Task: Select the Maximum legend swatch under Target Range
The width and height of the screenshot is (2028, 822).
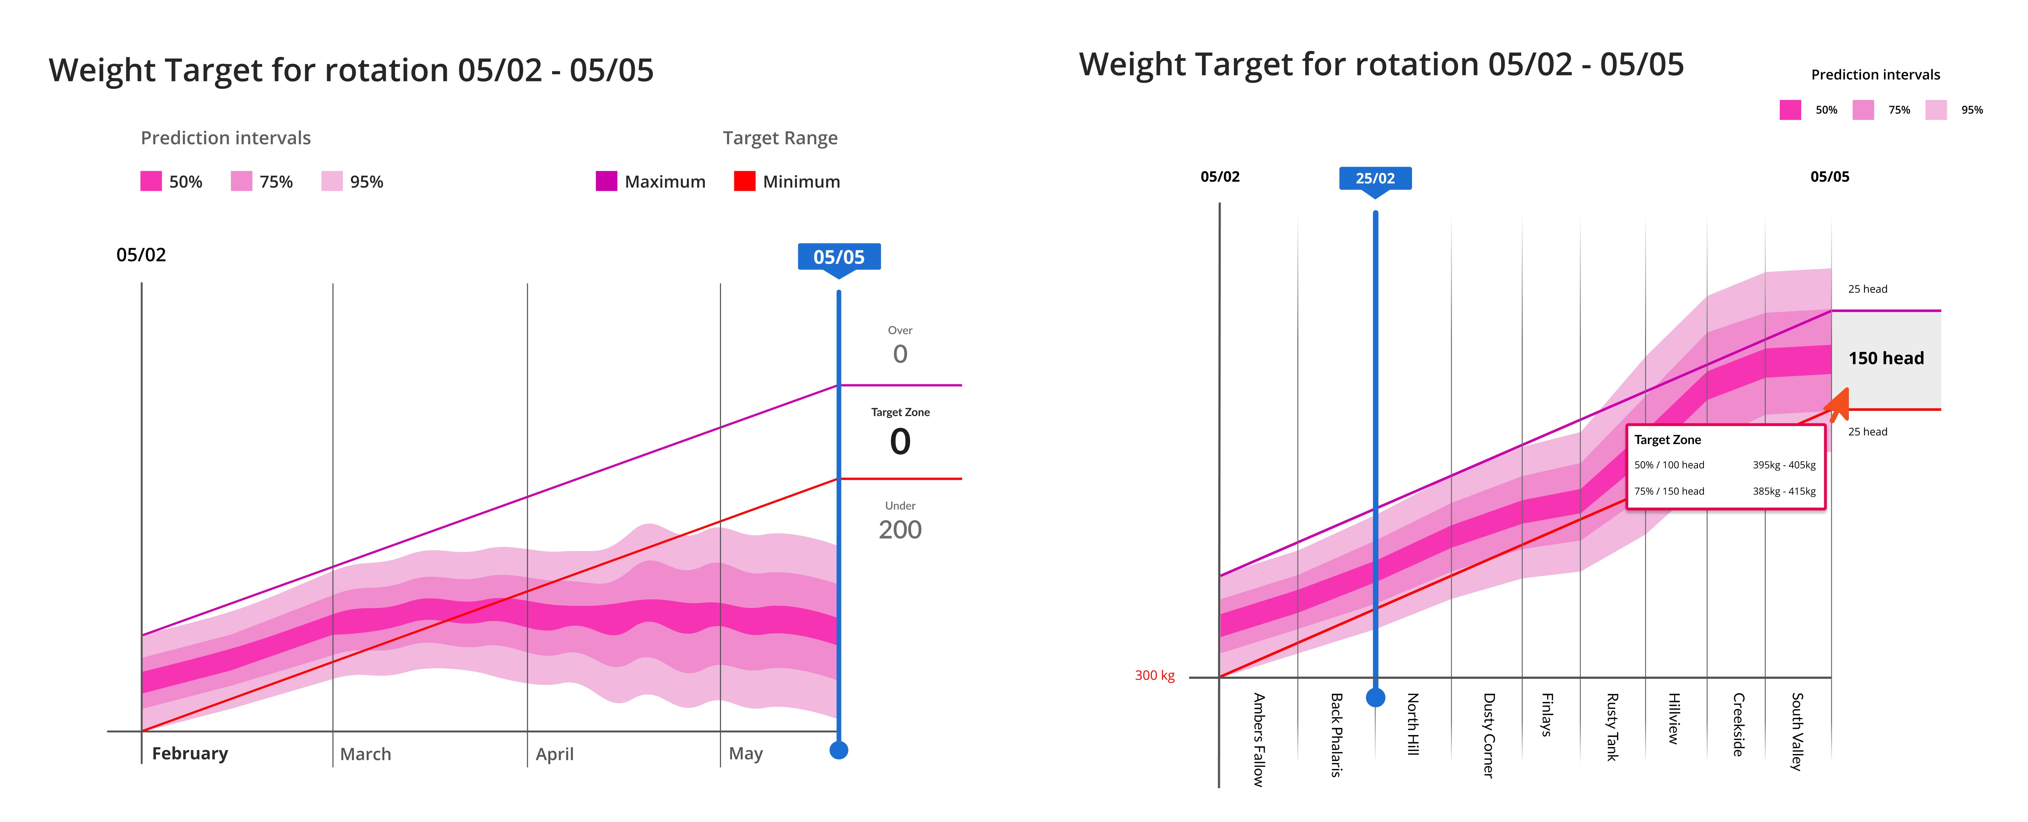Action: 606,181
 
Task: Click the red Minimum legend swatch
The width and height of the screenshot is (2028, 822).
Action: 744,181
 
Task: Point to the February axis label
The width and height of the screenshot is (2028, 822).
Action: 190,753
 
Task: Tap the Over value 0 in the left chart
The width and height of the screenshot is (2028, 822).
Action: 900,354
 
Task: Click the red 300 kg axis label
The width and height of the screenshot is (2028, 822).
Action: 1154,676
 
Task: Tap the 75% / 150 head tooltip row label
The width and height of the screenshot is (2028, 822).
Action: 1669,491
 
